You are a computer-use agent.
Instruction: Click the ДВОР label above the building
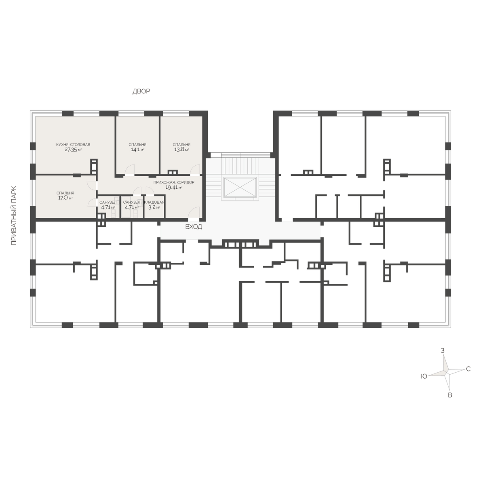tap(141, 91)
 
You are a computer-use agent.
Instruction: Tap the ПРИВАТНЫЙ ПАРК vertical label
tap(14, 216)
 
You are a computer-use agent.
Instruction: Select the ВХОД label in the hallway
tap(194, 227)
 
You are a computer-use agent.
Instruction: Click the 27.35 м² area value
tap(73, 150)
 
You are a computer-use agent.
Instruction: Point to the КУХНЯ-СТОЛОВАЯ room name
tap(73, 144)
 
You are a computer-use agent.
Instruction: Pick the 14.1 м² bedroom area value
tap(137, 150)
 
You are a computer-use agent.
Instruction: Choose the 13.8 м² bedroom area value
tap(181, 150)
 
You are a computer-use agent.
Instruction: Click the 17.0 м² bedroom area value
tap(65, 198)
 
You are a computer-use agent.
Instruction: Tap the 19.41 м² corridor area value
tap(174, 187)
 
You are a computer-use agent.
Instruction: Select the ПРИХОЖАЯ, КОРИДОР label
tap(174, 182)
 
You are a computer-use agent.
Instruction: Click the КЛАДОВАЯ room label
tap(154, 202)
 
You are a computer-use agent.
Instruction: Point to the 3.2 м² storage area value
tap(154, 207)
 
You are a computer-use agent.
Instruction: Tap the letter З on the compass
tap(443, 350)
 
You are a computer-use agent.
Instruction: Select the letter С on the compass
tap(468, 369)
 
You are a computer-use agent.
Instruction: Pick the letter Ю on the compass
tap(424, 376)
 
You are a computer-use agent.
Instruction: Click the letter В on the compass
tap(450, 395)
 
